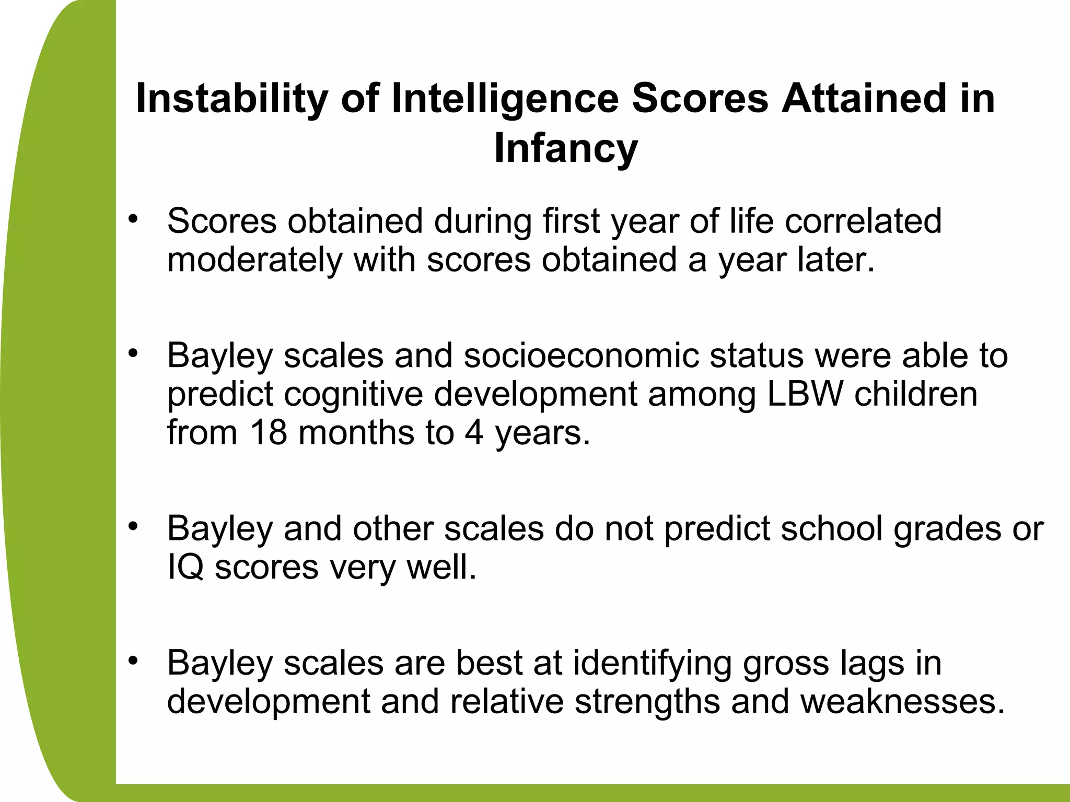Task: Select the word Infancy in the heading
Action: (566, 148)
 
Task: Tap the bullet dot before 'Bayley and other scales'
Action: (134, 526)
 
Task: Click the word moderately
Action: (254, 260)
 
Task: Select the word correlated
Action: (863, 221)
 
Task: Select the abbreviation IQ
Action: (185, 568)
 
